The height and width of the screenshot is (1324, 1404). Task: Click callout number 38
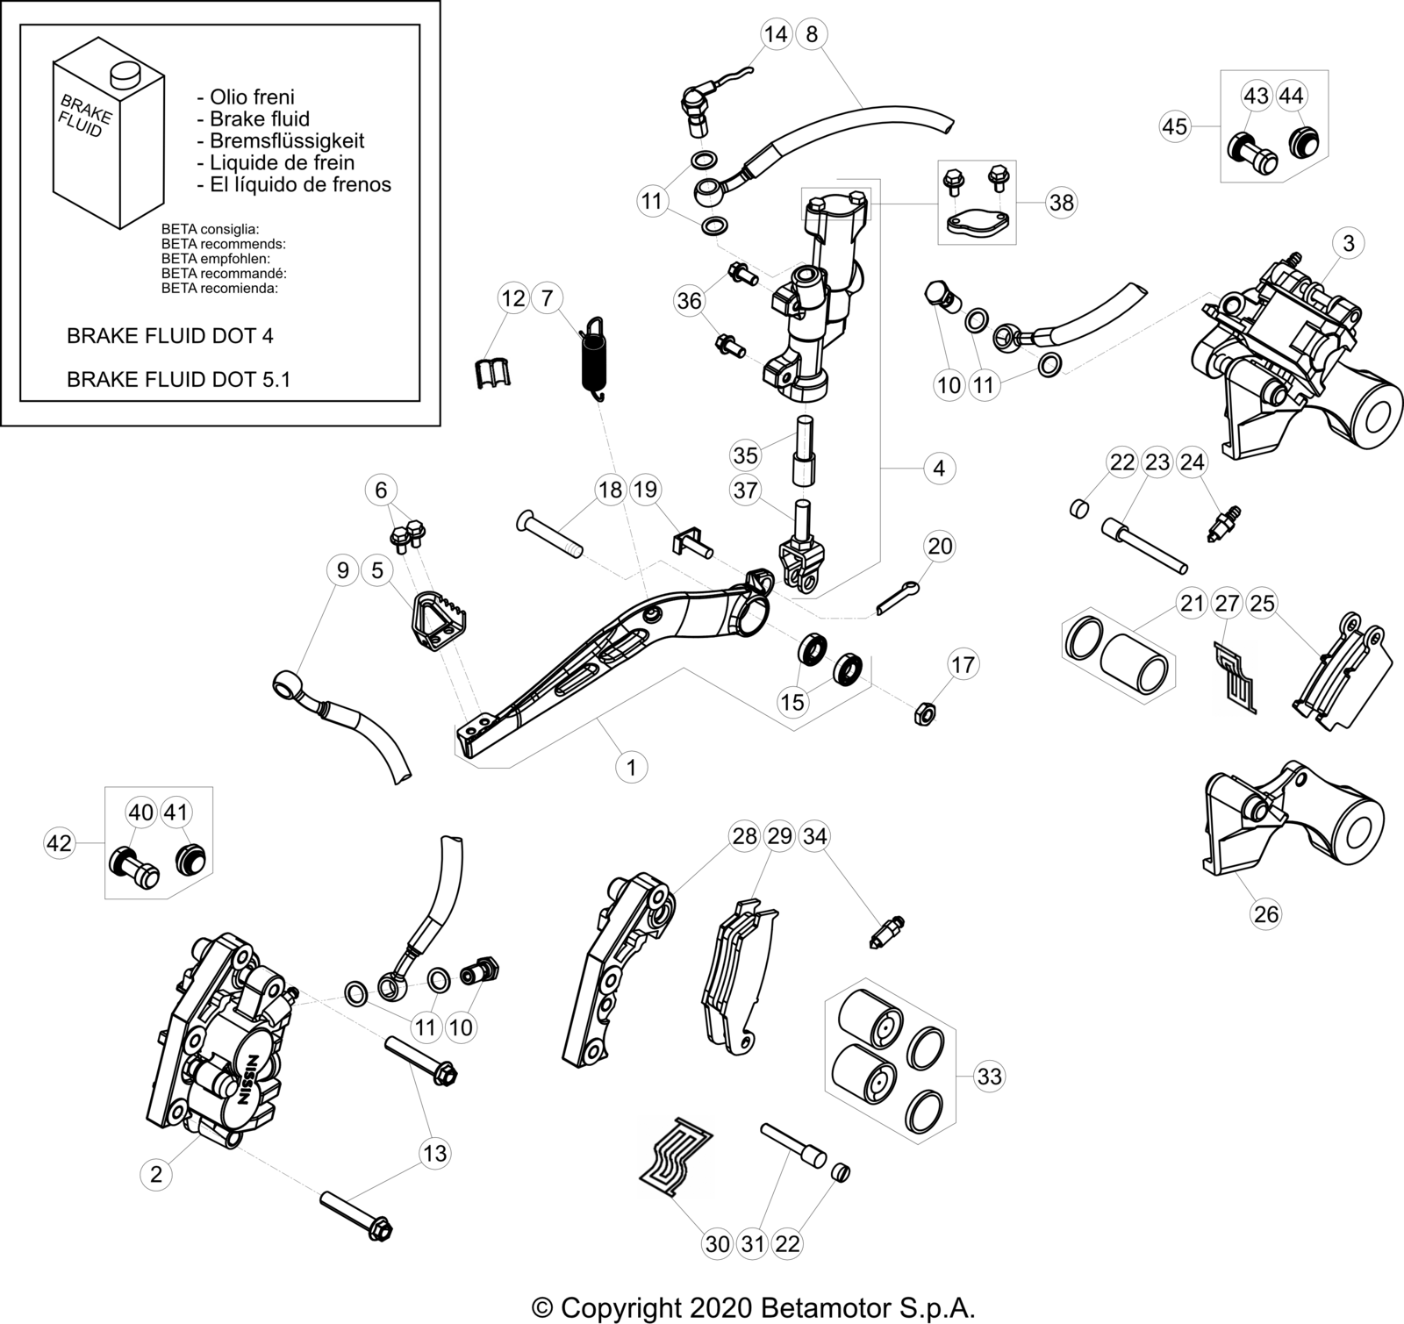(1062, 203)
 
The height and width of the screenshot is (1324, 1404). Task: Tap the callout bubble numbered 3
(1349, 243)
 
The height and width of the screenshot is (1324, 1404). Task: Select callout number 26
(1266, 914)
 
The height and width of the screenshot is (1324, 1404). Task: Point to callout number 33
(989, 1076)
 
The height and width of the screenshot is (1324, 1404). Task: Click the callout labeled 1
(631, 767)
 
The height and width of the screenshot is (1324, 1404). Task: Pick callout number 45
(1175, 126)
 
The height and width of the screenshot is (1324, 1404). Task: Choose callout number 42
(59, 843)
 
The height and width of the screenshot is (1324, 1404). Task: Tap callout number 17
(963, 664)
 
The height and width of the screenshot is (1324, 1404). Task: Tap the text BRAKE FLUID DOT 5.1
(179, 379)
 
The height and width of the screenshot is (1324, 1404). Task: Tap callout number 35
(746, 455)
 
